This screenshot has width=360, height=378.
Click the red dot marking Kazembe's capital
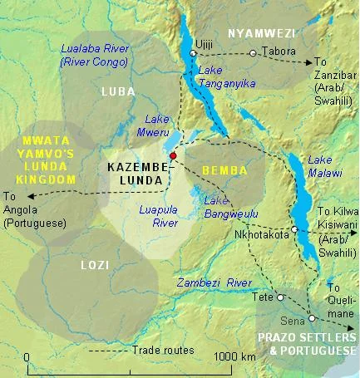point(173,155)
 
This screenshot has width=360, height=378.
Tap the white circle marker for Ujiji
point(193,53)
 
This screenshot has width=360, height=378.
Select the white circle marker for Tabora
point(252,53)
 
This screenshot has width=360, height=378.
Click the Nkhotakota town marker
point(294,229)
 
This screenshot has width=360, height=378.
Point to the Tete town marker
point(280,297)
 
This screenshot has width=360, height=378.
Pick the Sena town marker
point(311,318)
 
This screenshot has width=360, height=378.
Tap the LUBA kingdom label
point(116,91)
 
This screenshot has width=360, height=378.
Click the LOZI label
point(92,264)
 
